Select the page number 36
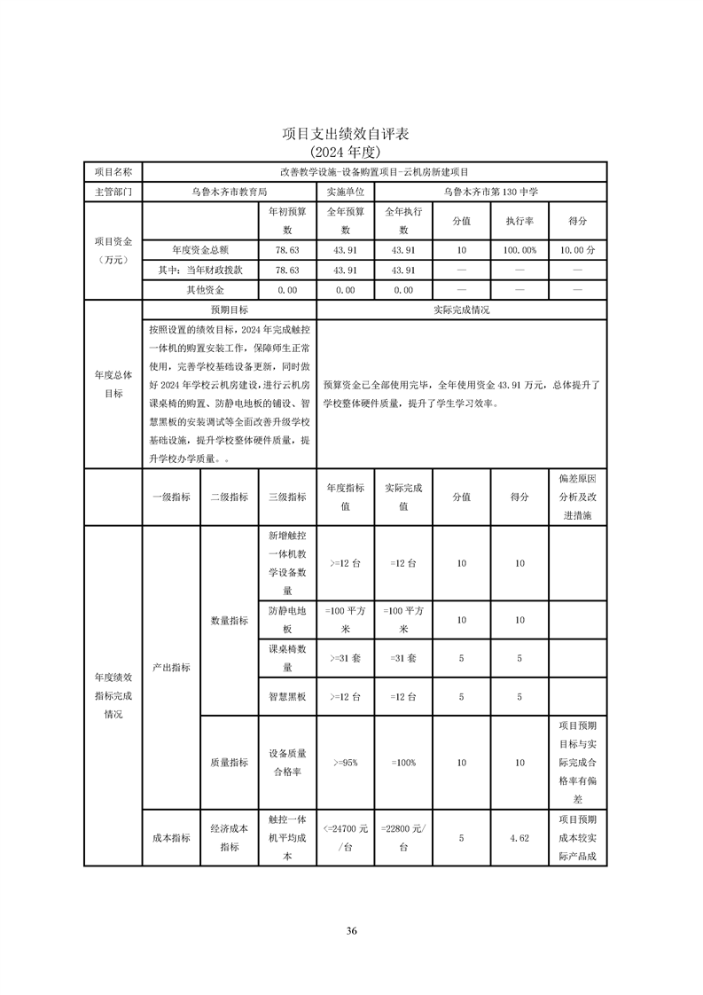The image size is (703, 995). click(x=351, y=930)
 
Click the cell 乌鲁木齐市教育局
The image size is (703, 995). click(x=229, y=191)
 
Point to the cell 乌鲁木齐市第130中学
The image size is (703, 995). click(x=490, y=191)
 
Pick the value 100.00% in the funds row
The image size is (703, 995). click(x=519, y=250)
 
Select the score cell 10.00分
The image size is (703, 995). click(x=577, y=250)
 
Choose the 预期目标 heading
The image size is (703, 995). click(x=229, y=310)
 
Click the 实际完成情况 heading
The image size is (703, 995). click(x=461, y=310)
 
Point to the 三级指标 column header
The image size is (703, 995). click(x=287, y=497)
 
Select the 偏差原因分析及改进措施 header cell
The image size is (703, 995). click(x=577, y=497)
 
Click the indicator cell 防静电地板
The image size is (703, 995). click(x=287, y=619)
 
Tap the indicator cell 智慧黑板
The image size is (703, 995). click(x=287, y=697)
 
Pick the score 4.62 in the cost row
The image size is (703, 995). click(x=519, y=837)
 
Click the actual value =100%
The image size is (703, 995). click(x=403, y=763)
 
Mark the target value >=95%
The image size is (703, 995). click(x=345, y=763)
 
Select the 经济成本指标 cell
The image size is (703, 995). click(x=230, y=837)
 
